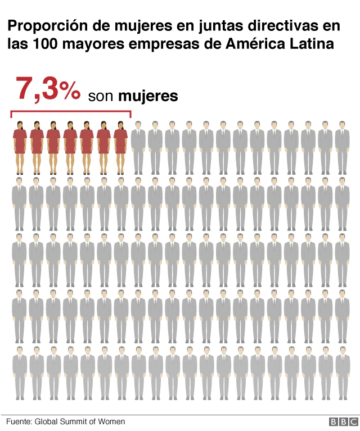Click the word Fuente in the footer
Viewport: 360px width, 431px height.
point(19,421)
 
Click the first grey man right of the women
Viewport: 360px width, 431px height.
point(138,147)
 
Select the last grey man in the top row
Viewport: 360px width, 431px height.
point(342,147)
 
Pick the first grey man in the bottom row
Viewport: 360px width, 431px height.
point(20,373)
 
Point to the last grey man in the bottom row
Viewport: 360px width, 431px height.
point(342,373)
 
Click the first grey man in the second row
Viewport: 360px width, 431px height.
point(20,203)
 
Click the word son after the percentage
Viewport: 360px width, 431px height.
point(101,97)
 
